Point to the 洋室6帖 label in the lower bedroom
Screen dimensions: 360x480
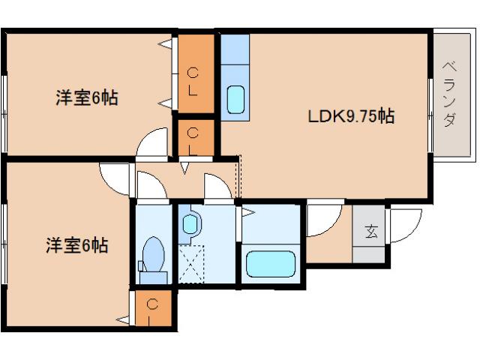(x=77, y=245)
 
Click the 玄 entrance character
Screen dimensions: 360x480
(x=371, y=232)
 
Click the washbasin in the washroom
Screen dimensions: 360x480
(x=191, y=223)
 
